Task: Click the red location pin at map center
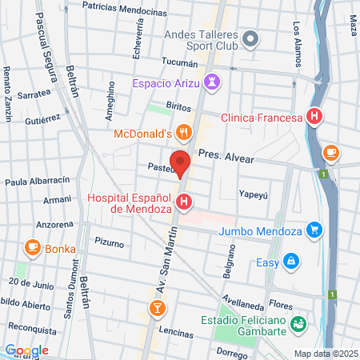click(x=180, y=162)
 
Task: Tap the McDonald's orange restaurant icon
click(x=184, y=133)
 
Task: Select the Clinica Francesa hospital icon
click(x=314, y=117)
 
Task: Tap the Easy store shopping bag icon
click(x=293, y=260)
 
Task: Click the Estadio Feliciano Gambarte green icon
click(x=298, y=324)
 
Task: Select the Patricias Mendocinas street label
click(x=120, y=6)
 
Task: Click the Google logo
click(x=26, y=350)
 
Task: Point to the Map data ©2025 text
click(x=326, y=354)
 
